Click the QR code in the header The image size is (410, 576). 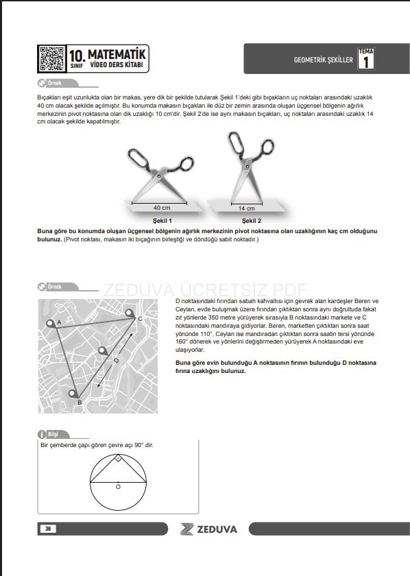(52, 59)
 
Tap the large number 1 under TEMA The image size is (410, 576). (365, 62)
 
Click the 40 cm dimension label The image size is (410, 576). (162, 208)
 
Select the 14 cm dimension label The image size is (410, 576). (247, 208)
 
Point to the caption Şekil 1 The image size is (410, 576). (162, 221)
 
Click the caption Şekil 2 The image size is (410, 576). (252, 221)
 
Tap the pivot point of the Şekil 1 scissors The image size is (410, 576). (159, 176)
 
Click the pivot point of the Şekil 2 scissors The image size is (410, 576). (248, 167)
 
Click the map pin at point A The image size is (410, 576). (50, 324)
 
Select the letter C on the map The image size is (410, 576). (140, 319)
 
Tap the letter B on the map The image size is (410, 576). (80, 403)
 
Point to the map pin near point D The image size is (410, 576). (103, 351)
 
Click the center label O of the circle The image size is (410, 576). (119, 487)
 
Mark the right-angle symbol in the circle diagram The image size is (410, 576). (118, 458)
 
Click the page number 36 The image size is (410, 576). (48, 529)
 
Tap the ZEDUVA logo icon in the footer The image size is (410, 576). (186, 529)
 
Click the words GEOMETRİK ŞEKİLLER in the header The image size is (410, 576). (324, 60)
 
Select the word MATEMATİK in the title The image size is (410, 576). (117, 54)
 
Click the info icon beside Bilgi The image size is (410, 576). (42, 434)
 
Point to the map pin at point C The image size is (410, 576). (130, 313)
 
